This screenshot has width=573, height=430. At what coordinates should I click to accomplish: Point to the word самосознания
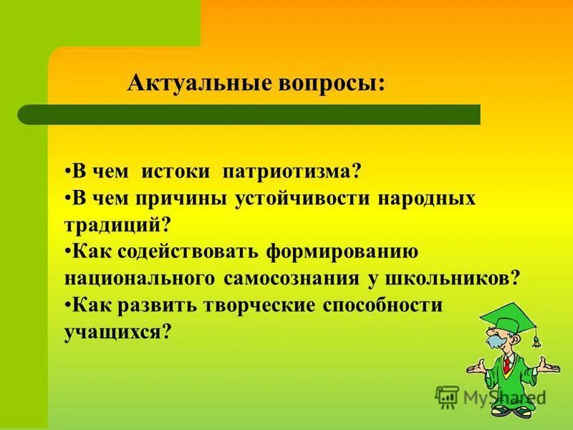pyautogui.click(x=298, y=278)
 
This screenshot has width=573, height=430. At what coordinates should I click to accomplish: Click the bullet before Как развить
pyautogui.click(x=67, y=305)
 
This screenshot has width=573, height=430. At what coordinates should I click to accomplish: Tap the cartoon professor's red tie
pyautogui.click(x=506, y=366)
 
